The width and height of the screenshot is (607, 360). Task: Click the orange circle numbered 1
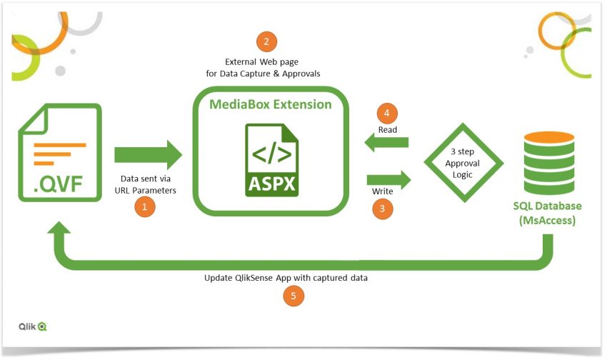coord(145,207)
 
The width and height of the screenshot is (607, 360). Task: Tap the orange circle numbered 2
coord(266,41)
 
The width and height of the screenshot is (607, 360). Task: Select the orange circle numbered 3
coord(383,210)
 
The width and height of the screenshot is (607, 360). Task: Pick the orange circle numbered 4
coord(387,113)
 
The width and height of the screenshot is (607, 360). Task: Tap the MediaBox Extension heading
coord(270,105)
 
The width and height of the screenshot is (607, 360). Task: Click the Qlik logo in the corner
coord(33,326)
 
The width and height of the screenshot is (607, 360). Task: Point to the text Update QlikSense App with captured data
coord(286,277)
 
